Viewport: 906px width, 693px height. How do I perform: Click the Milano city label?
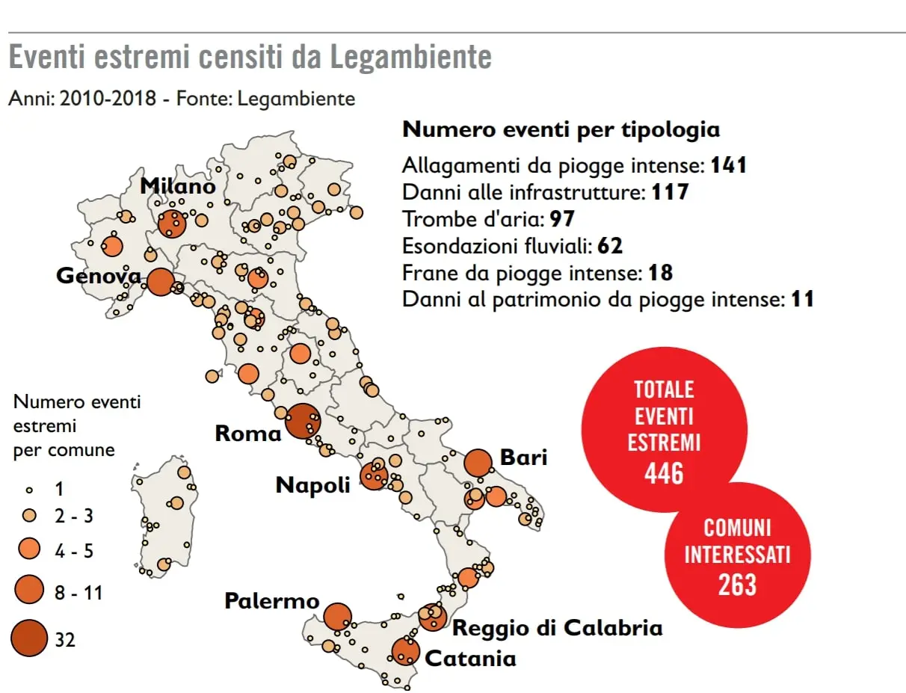point(178,185)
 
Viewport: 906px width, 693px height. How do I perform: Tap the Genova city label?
point(99,276)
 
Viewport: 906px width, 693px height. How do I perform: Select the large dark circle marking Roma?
point(303,421)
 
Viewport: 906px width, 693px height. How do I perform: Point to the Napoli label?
point(313,484)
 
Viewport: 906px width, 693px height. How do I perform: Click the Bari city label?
point(523,457)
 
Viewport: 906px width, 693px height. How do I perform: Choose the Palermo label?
point(272,600)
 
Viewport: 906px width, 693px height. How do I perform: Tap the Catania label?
point(470,659)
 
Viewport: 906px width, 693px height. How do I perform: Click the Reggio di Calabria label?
point(558,627)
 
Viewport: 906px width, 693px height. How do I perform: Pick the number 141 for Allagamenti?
point(729,165)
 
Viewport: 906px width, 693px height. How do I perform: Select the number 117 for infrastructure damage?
point(670,192)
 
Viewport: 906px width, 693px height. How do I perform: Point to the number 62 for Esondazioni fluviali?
point(610,246)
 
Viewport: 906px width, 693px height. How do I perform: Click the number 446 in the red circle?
point(664,472)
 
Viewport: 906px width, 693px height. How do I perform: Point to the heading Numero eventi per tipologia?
point(561,129)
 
